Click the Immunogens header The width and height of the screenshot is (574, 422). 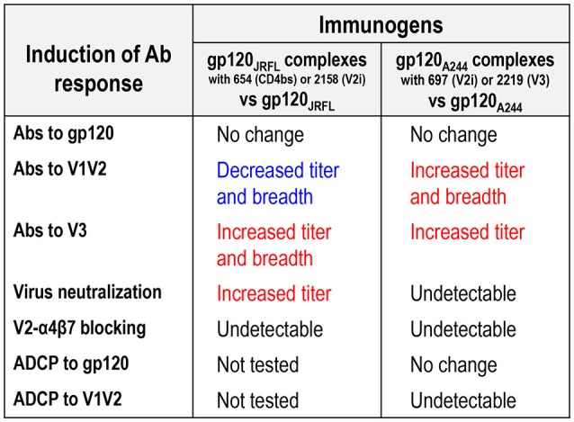[x=381, y=25]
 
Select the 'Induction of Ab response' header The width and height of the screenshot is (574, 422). [x=98, y=68]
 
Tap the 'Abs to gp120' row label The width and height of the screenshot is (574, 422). [x=64, y=133]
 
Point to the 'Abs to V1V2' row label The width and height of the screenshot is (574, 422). [x=60, y=169]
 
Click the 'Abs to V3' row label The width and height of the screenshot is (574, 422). [x=50, y=230]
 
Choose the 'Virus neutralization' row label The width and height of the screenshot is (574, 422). [x=87, y=292]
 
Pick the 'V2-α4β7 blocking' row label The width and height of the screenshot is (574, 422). [x=79, y=328]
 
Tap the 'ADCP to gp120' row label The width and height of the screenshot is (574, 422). [x=71, y=364]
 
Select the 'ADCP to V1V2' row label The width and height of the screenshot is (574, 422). [x=67, y=399]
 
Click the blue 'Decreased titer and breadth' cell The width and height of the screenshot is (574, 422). [x=278, y=184]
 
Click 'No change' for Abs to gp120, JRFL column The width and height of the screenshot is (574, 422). [x=260, y=135]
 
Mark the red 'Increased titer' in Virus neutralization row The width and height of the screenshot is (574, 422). [x=274, y=293]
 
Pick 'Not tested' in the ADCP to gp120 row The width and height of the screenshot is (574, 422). [x=257, y=365]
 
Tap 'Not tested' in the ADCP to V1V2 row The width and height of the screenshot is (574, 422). [x=257, y=400]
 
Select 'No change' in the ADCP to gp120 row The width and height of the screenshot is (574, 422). [x=453, y=365]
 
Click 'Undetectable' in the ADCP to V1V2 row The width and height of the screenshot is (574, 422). [x=463, y=400]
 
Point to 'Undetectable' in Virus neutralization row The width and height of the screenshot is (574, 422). [x=463, y=293]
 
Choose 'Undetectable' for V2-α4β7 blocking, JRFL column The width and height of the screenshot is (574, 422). [x=270, y=329]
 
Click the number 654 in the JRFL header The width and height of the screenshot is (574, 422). [x=241, y=79]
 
